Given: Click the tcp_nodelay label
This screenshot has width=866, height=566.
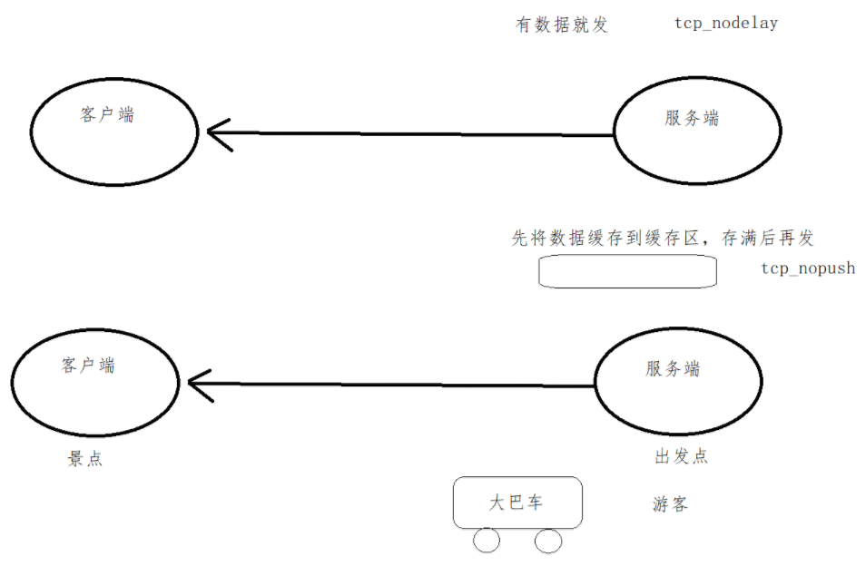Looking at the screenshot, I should click(x=725, y=24).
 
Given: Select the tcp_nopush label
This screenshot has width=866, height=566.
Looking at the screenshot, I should click(x=808, y=268).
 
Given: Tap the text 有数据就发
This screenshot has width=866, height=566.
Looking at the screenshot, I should click(x=562, y=25).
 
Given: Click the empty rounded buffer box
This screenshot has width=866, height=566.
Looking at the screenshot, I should click(x=627, y=271).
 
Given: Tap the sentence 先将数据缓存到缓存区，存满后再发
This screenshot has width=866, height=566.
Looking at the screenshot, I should click(x=663, y=239).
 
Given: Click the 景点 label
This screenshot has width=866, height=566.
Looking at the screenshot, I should click(x=85, y=459).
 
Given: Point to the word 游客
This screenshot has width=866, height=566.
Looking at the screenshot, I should click(x=670, y=504).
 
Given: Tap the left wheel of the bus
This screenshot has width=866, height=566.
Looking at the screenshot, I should click(x=487, y=541).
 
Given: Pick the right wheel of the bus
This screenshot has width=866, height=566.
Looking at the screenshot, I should click(x=547, y=541).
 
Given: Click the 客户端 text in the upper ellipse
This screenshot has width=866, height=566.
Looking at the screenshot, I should click(x=106, y=115).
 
